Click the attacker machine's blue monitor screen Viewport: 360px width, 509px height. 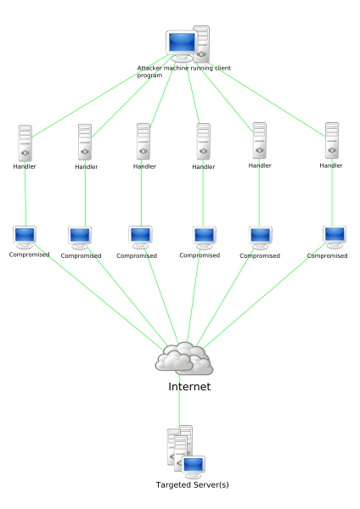coord(182,42)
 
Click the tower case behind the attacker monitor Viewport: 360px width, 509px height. coord(201,44)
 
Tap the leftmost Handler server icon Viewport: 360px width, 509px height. coord(25,143)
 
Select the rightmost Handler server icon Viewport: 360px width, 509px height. coord(332,141)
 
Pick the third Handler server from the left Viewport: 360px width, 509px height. coord(143,141)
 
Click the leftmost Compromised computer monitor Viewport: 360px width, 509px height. coord(25,238)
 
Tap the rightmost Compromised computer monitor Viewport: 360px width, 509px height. coord(335,238)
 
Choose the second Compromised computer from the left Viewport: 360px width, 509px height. coord(80,238)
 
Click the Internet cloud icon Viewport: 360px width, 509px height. coord(184,358)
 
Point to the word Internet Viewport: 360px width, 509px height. coord(189,387)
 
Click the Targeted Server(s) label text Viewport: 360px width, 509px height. coord(193,484)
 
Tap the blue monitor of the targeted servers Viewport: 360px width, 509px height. coord(194,465)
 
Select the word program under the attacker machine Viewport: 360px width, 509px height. coord(149,76)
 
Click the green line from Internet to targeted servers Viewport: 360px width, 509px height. coord(179,400)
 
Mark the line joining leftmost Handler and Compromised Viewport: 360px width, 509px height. coord(25,193)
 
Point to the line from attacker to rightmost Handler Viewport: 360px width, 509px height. coord(267,99)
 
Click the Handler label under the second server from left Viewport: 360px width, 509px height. coord(87,167)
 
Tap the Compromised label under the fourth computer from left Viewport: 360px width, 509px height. coord(200,255)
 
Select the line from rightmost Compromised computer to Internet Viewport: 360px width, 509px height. coord(264,295)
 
